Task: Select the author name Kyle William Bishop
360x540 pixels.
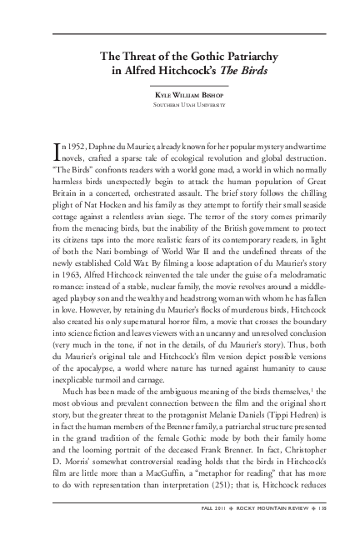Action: coord(180,97)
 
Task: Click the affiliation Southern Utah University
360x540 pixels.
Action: coord(180,107)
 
